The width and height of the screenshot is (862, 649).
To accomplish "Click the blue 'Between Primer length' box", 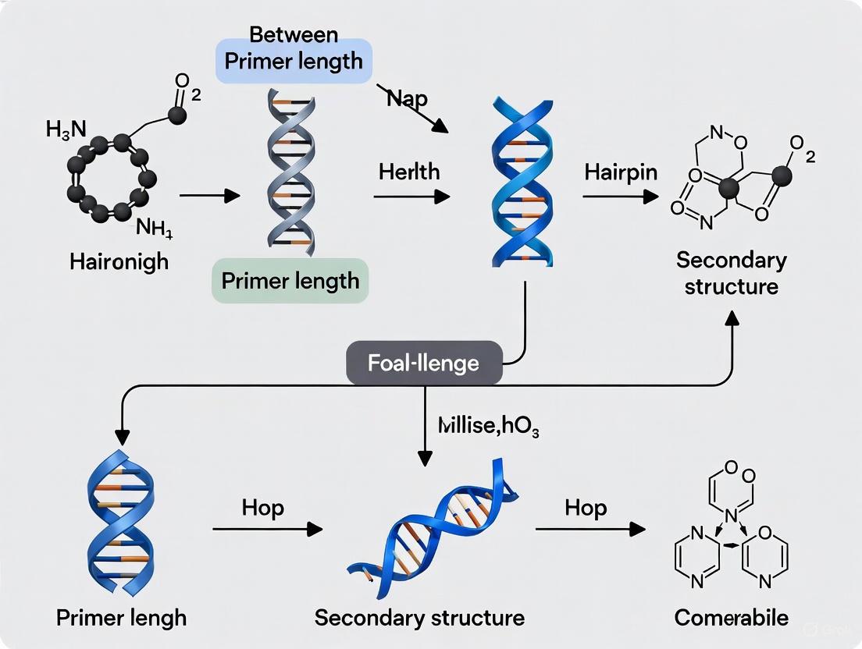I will point(293,61).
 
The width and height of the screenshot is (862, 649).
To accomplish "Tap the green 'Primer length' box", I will point(290,281).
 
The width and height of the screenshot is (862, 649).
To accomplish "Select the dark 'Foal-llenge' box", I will point(425,363).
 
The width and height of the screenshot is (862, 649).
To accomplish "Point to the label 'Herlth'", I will point(409,172).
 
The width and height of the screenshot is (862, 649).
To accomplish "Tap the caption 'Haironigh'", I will point(119,261).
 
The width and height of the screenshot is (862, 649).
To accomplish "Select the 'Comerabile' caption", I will point(732,618).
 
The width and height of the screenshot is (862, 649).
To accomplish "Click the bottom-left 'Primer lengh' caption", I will point(122,618).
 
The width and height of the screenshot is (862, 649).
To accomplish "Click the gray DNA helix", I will point(290,168).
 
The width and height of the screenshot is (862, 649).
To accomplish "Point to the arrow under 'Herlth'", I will point(411,197).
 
